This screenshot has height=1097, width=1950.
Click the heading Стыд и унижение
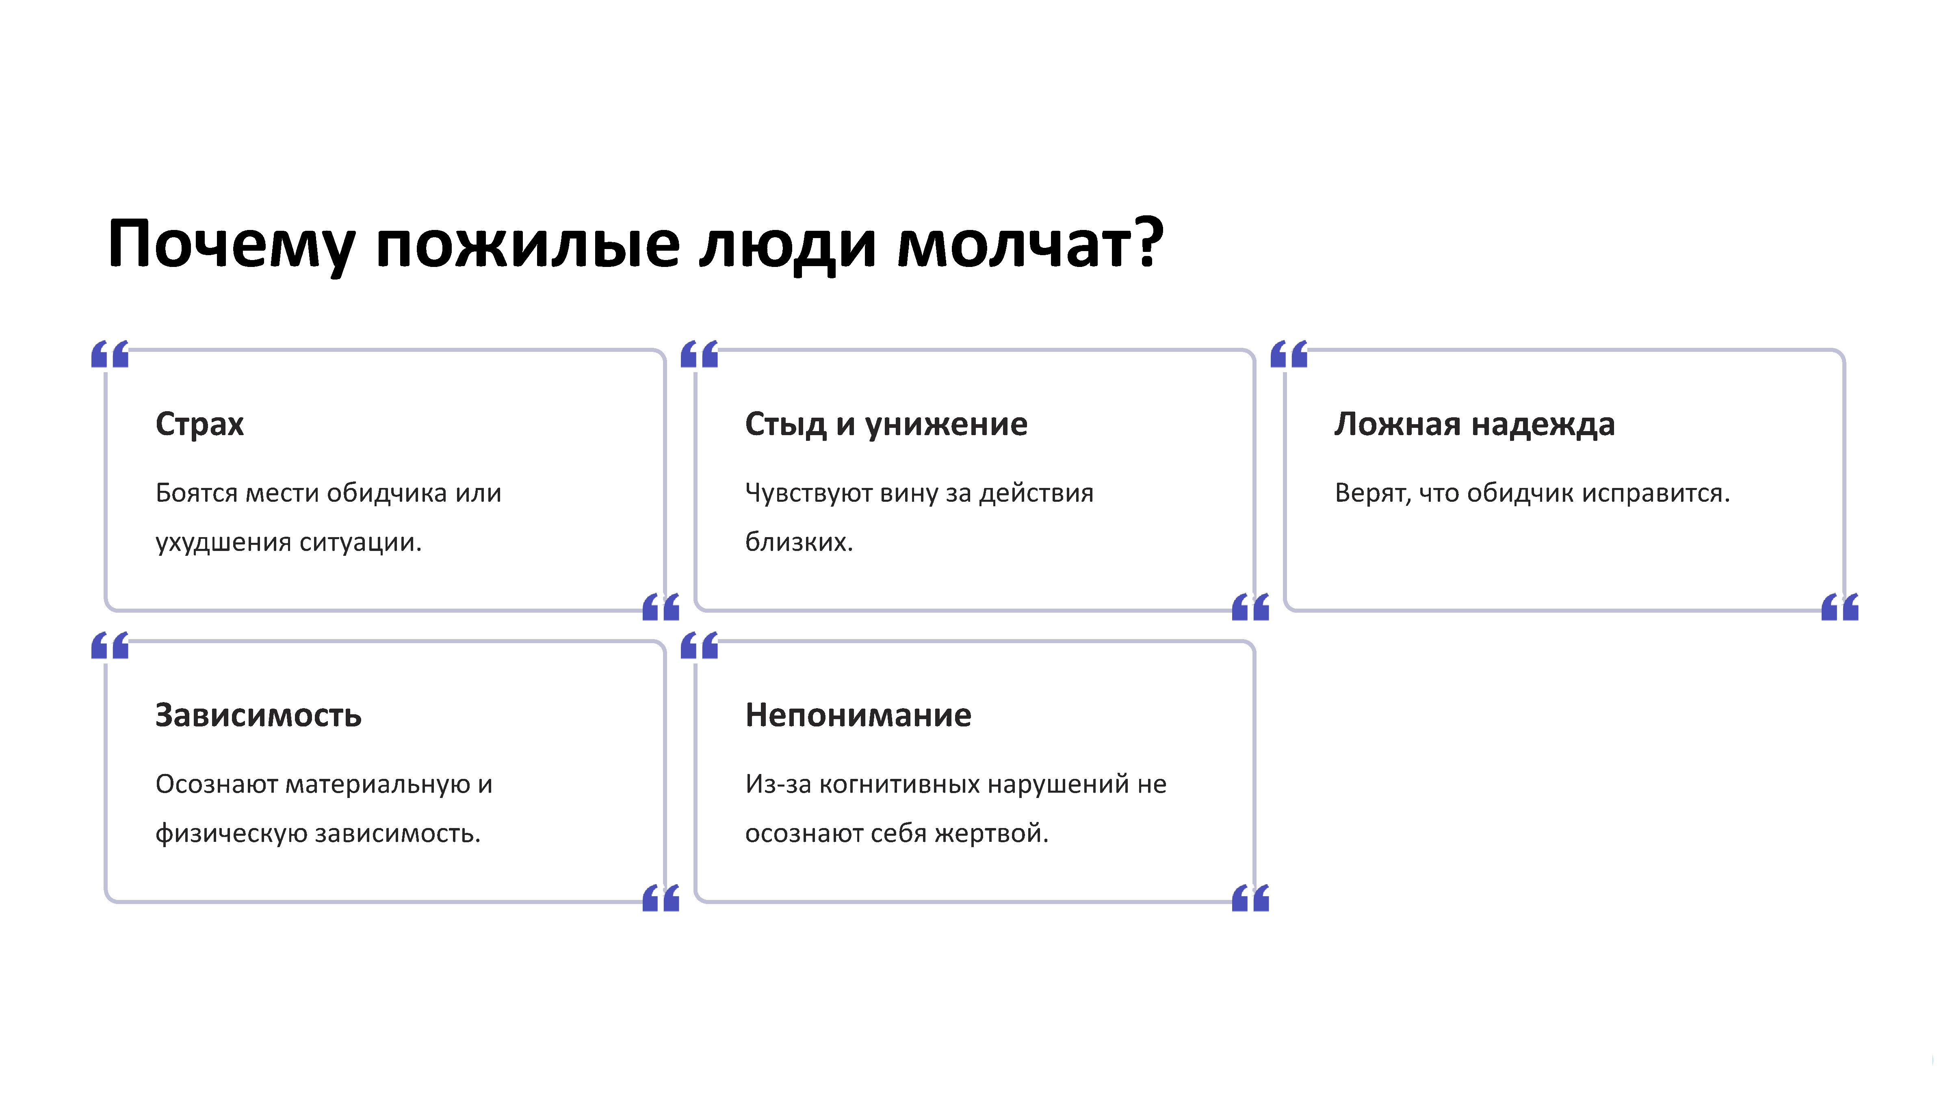point(886,424)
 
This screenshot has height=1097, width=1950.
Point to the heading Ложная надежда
point(1474,424)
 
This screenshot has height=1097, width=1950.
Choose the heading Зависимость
point(258,715)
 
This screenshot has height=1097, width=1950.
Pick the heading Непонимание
point(858,715)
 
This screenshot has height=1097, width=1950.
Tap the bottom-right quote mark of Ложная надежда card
point(1839,607)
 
